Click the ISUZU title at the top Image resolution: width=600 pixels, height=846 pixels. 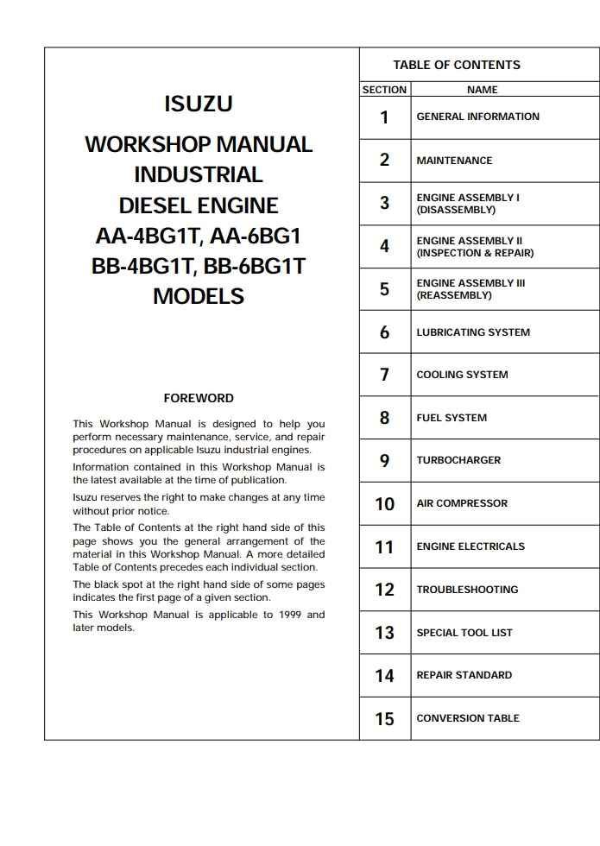coord(199,104)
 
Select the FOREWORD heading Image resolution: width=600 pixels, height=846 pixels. coord(199,398)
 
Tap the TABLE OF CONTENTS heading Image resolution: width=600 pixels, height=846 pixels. coord(457,65)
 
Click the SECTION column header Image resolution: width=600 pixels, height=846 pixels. coord(384,90)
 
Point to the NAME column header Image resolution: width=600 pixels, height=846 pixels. coord(483,90)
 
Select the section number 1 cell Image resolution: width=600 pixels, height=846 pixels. coord(384,117)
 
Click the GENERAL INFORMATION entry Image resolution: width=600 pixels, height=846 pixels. coord(477,117)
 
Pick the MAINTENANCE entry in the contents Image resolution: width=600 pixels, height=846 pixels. coord(454,161)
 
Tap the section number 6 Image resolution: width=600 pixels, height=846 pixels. coord(384,332)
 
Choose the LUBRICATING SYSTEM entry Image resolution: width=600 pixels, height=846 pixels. coord(473,332)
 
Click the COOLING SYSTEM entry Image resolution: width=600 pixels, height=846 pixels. coord(462,375)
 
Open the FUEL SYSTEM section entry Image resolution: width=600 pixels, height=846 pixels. coord(452,418)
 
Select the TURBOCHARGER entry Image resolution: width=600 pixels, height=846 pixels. coord(458,460)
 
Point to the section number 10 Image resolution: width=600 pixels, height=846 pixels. coord(384,504)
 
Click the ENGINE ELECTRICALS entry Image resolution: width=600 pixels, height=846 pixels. coord(471,546)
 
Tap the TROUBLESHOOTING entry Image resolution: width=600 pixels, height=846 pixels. coord(467,590)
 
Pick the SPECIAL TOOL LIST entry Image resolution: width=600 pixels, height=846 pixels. coord(464,633)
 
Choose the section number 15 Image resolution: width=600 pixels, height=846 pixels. coord(384,718)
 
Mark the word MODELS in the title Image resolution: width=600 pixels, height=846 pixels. coord(199,296)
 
